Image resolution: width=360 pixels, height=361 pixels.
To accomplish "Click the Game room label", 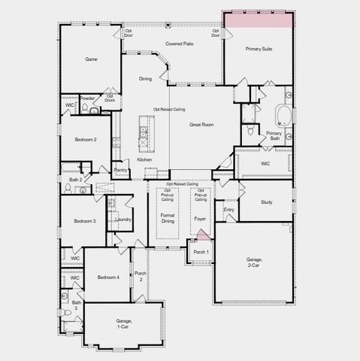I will click(x=91, y=59).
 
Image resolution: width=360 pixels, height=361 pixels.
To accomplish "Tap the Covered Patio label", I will click(x=180, y=44).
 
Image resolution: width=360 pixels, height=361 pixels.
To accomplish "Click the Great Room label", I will click(x=201, y=125).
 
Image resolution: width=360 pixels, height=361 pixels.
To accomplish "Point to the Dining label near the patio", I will click(x=146, y=78).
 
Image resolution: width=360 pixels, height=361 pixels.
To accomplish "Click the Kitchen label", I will click(x=144, y=159).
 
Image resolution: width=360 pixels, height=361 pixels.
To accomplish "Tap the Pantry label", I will click(x=120, y=170).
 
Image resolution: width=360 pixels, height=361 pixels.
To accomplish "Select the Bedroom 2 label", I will click(x=85, y=140).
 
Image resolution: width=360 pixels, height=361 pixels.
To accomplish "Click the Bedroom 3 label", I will click(x=84, y=220).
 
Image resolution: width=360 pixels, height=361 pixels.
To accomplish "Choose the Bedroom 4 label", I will click(x=108, y=278).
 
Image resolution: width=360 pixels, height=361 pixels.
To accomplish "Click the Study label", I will click(x=266, y=202).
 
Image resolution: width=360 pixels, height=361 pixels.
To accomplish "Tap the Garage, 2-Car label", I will click(x=254, y=262).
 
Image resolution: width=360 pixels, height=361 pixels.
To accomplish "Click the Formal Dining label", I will click(x=168, y=219).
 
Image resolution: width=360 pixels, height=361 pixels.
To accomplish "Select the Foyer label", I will click(x=200, y=219).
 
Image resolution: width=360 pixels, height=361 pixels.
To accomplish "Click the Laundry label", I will click(x=123, y=219).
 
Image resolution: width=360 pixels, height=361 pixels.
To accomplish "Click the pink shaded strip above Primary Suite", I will click(x=257, y=20).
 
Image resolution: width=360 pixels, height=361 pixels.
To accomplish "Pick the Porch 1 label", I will click(x=201, y=251).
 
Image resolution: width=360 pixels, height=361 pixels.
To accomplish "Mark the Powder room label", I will click(x=88, y=99).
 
